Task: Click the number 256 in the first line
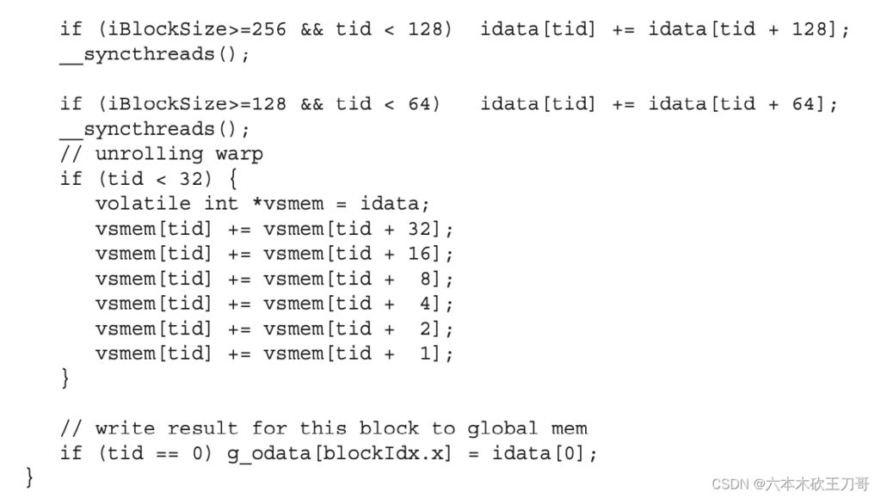[x=268, y=28]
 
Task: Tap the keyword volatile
[x=144, y=203]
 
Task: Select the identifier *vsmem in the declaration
[x=288, y=203]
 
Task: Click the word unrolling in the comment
[x=149, y=154]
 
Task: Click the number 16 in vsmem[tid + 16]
[x=419, y=253]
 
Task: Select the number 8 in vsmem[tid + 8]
[x=425, y=279]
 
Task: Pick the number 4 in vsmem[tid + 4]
[x=425, y=303]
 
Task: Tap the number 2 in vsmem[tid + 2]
[x=425, y=329]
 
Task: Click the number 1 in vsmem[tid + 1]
[x=425, y=354]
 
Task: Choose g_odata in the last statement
[x=269, y=453]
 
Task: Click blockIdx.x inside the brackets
[x=381, y=452]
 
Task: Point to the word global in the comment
[x=502, y=429]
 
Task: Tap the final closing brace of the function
[x=29, y=478]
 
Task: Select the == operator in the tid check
[x=168, y=453]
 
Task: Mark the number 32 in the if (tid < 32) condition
[x=191, y=179]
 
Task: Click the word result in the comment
[x=203, y=427]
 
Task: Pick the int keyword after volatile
[x=221, y=203]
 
